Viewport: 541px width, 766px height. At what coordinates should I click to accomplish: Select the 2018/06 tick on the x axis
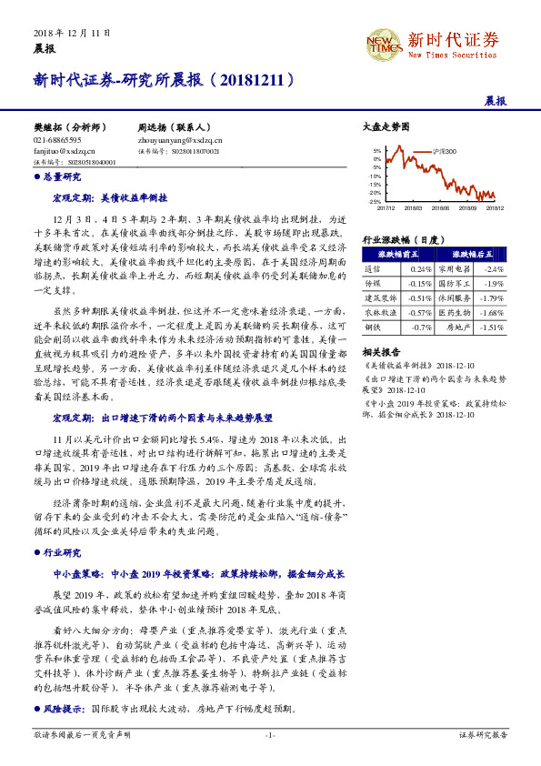444,208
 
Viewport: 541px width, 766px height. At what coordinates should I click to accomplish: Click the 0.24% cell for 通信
421,269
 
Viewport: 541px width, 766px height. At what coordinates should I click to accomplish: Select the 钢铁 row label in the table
373,325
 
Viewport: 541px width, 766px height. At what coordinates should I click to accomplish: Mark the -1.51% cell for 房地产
491,325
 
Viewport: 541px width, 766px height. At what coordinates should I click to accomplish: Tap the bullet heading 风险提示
64,708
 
